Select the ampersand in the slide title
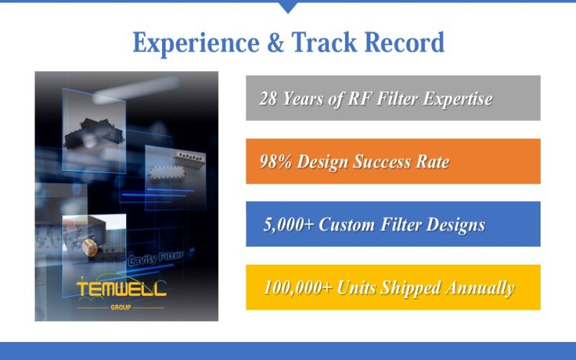[x=276, y=44]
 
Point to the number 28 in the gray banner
[x=268, y=99]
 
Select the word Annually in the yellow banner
[x=481, y=288]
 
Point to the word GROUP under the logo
[x=121, y=306]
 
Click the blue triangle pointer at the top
[x=288, y=7]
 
